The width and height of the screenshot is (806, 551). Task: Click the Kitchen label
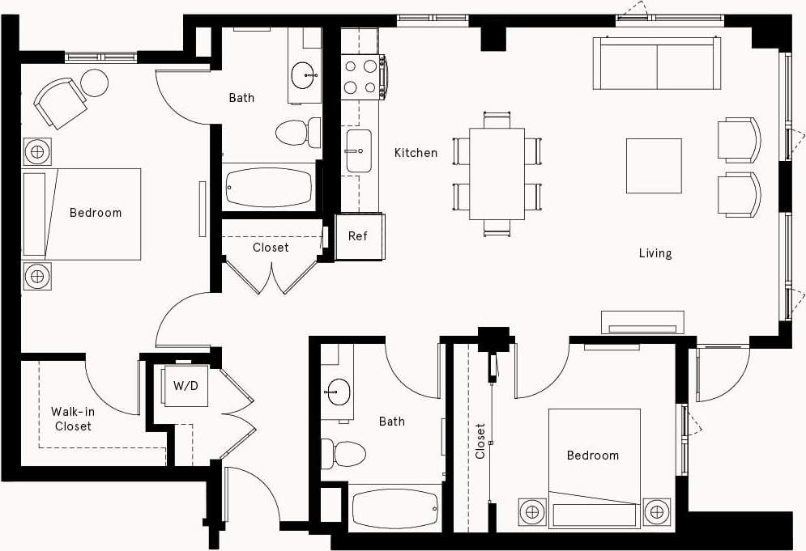tap(416, 153)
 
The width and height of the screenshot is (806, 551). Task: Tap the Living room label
tap(655, 253)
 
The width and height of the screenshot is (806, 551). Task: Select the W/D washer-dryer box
tap(186, 386)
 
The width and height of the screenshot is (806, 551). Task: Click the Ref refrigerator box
tap(358, 236)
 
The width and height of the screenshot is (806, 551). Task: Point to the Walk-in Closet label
tap(73, 418)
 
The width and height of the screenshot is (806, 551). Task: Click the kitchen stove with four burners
tap(361, 77)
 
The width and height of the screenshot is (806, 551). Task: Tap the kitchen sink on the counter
tap(358, 151)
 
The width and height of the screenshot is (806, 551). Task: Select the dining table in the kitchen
tap(497, 173)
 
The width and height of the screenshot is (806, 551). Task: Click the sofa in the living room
tap(657, 63)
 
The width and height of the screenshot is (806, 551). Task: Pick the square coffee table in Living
tap(653, 165)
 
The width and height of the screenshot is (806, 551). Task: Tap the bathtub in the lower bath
tap(396, 509)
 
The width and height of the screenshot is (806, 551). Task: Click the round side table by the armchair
tap(95, 83)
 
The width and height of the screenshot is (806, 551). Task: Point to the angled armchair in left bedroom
tap(60, 101)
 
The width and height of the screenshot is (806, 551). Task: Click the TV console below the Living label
tap(642, 323)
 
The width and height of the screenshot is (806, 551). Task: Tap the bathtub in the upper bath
tap(269, 187)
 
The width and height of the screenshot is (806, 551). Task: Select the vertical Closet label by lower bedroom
tap(480, 441)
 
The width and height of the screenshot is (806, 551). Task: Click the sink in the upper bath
tap(305, 74)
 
